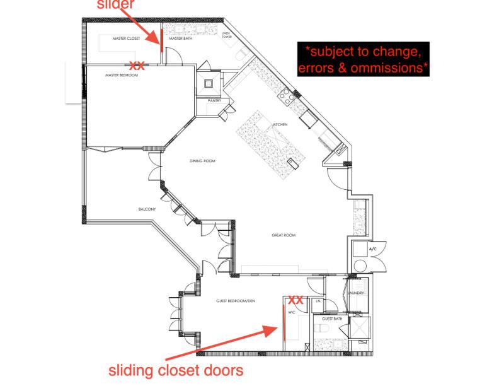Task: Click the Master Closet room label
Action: pyautogui.click(x=126, y=38)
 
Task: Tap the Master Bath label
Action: pyautogui.click(x=180, y=38)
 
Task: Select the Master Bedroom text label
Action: pyautogui.click(x=120, y=75)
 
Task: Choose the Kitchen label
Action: pyautogui.click(x=280, y=124)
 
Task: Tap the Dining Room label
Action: pyautogui.click(x=202, y=161)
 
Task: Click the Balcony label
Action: pyautogui.click(x=147, y=209)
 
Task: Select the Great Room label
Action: pyautogui.click(x=284, y=235)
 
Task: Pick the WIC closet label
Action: pyautogui.click(x=292, y=312)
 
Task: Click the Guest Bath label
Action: pyautogui.click(x=335, y=319)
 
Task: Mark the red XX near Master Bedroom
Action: pyautogui.click(x=137, y=65)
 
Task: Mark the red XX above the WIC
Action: pyautogui.click(x=296, y=301)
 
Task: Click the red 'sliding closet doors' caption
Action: pyautogui.click(x=176, y=370)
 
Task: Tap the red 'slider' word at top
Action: pyautogui.click(x=115, y=6)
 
